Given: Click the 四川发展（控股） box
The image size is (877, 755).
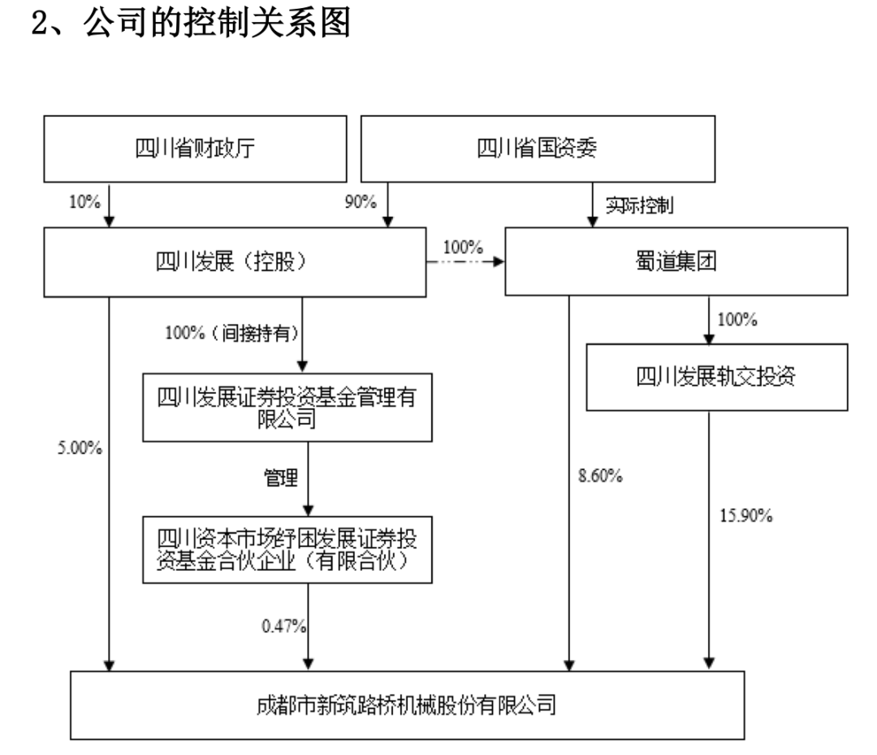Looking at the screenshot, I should click(x=235, y=262).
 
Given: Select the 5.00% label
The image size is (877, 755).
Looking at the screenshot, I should click(x=79, y=447).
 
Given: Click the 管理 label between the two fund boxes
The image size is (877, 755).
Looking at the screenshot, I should click(x=282, y=478).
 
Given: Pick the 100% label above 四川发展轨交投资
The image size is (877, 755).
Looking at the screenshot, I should click(x=736, y=320).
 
